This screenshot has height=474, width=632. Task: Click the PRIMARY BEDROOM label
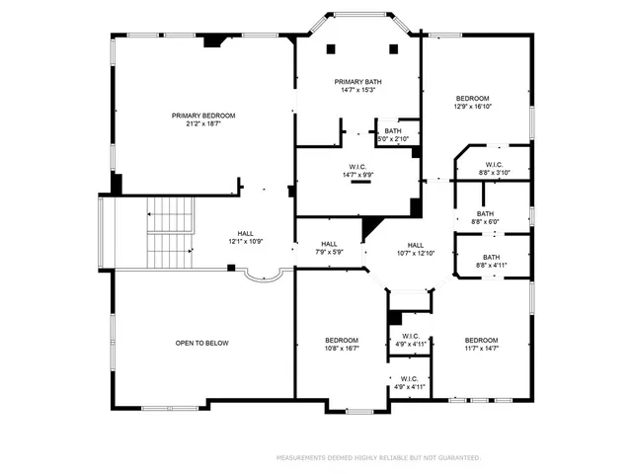coord(204,116)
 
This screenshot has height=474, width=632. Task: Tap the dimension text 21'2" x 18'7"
coord(204,124)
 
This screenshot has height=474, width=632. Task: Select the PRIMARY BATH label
coord(357,82)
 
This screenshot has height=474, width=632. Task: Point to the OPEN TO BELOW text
coord(202,343)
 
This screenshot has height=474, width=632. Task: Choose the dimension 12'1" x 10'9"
coord(245,242)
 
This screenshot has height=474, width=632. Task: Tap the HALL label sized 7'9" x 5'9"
coord(329,244)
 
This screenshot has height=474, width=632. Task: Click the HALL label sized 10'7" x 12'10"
coord(416,245)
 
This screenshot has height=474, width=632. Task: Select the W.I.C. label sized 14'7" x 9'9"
coord(357,166)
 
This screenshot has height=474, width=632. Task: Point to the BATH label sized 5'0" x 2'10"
coord(393,130)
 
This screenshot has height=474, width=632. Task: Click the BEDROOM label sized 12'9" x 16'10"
coord(472,98)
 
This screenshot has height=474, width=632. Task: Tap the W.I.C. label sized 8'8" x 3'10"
coord(494,164)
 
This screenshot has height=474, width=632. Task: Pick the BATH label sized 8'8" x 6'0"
coord(485,213)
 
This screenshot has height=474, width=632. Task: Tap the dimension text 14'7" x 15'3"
coord(357,91)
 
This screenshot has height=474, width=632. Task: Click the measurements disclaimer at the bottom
coord(378,457)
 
